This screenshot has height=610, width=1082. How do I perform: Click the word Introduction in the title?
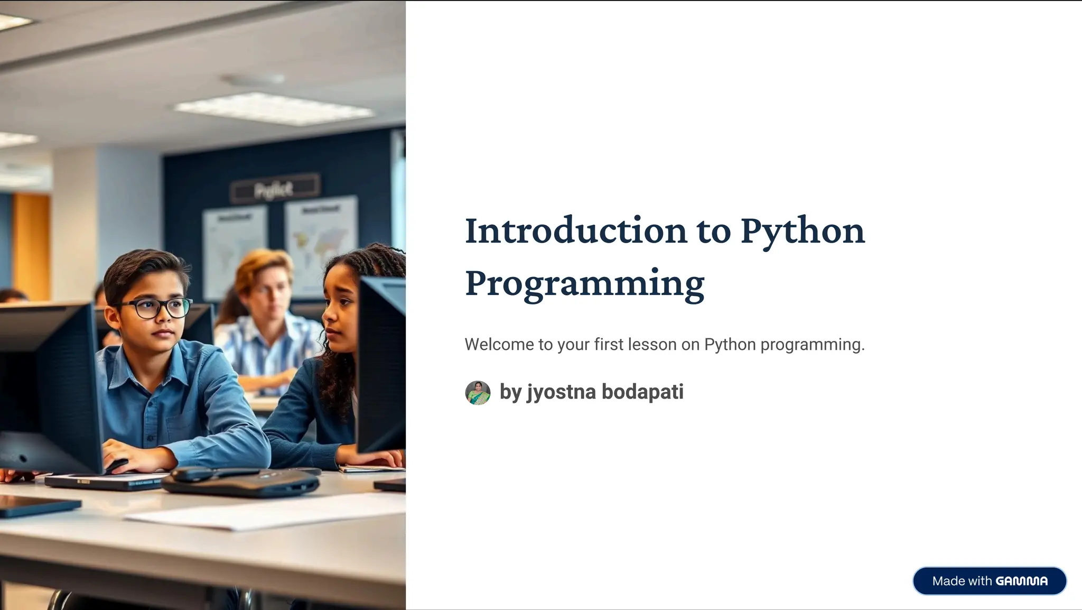pyautogui.click(x=575, y=231)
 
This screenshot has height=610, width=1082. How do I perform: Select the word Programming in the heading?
pyautogui.click(x=584, y=283)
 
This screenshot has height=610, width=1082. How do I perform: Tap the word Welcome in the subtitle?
pyautogui.click(x=499, y=345)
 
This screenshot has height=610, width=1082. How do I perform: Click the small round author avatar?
pyautogui.click(x=478, y=393)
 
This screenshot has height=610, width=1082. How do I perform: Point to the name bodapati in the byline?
pyautogui.click(x=642, y=392)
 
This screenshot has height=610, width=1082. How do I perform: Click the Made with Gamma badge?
pyautogui.click(x=989, y=581)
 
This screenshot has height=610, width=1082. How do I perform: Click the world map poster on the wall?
pyautogui.click(x=321, y=243)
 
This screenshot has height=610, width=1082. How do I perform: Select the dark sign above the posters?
pyautogui.click(x=275, y=188)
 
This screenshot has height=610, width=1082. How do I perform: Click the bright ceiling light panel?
pyautogui.click(x=274, y=108)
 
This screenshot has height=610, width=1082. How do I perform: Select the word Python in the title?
pyautogui.click(x=802, y=231)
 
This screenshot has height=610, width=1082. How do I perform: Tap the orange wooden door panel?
pyautogui.click(x=32, y=246)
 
